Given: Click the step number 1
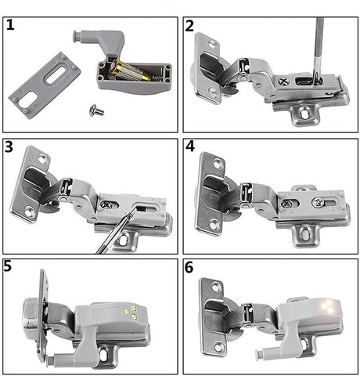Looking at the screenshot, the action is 10,25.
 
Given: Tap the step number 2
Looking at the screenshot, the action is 189,26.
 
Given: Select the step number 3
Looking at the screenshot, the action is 9,146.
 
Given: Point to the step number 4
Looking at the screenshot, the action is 190,146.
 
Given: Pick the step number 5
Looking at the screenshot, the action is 8,266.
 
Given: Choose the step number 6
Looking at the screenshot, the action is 189,267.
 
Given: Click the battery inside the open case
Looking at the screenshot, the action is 130,70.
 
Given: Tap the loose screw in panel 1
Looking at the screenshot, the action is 96,110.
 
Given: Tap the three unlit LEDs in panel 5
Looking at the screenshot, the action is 131,312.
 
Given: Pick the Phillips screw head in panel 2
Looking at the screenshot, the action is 284,81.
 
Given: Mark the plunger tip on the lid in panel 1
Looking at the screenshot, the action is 76,36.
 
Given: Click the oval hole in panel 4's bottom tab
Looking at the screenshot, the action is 304,232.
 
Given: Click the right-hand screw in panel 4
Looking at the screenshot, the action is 318,202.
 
